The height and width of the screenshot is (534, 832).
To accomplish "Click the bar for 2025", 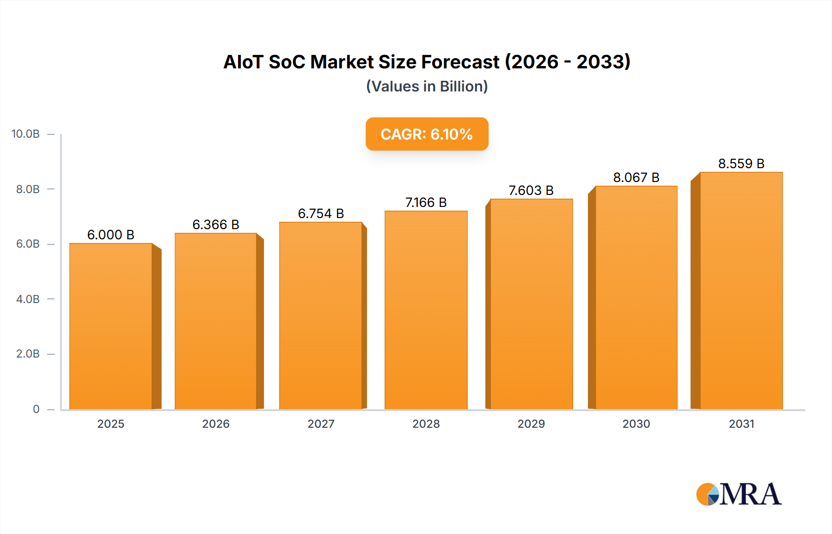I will click(111, 326).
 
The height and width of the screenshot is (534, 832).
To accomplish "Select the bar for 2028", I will click(426, 310).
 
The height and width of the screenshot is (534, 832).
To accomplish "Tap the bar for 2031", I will click(741, 291).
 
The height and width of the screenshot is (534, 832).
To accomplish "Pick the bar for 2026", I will click(216, 321).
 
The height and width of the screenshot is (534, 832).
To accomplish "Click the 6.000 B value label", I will click(111, 235).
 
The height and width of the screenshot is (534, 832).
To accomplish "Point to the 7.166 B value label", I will click(426, 202).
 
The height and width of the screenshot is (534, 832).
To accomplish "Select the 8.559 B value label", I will click(741, 164).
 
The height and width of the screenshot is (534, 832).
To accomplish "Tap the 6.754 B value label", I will click(321, 213).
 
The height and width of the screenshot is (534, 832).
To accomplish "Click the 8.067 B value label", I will click(636, 177).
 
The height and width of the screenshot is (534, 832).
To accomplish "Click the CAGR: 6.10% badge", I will click(427, 134).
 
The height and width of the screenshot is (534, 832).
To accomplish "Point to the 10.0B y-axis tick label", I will click(25, 134).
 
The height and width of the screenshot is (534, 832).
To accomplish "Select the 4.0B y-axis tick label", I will click(28, 299).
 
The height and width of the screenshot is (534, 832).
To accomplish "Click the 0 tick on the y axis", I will click(36, 409).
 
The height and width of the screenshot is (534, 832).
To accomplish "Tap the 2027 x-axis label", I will click(321, 424).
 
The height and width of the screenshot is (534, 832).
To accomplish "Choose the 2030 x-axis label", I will click(636, 424).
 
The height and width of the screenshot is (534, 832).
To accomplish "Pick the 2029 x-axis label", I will click(531, 424).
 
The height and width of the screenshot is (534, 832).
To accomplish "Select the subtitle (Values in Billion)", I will click(427, 86).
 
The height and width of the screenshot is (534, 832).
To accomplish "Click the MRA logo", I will click(738, 494).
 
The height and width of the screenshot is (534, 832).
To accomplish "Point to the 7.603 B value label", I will click(531, 190).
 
